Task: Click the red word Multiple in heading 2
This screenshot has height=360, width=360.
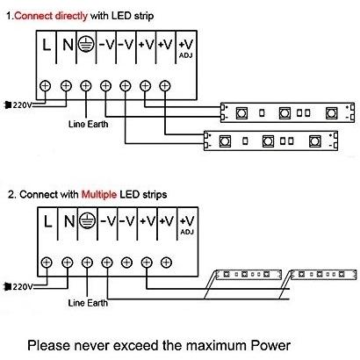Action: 99,195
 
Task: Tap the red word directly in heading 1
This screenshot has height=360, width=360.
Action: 71,16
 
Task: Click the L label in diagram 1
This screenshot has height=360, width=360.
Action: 47,45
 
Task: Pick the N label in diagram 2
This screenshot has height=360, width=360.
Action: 69,221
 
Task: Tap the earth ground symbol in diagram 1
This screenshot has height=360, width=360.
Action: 86,45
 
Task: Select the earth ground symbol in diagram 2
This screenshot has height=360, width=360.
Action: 87,221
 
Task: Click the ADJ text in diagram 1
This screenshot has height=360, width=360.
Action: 186,55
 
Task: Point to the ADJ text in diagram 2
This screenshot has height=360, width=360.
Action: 187,232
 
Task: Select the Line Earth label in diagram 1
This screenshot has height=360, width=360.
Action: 88,124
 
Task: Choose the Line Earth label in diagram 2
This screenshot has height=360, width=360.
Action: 88,303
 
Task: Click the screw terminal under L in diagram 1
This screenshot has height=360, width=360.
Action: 45,86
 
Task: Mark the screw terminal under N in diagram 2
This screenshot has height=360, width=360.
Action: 68,263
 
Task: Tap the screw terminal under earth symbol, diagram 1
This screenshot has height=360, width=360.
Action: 85,86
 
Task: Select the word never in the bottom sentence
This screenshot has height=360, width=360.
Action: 92,345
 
